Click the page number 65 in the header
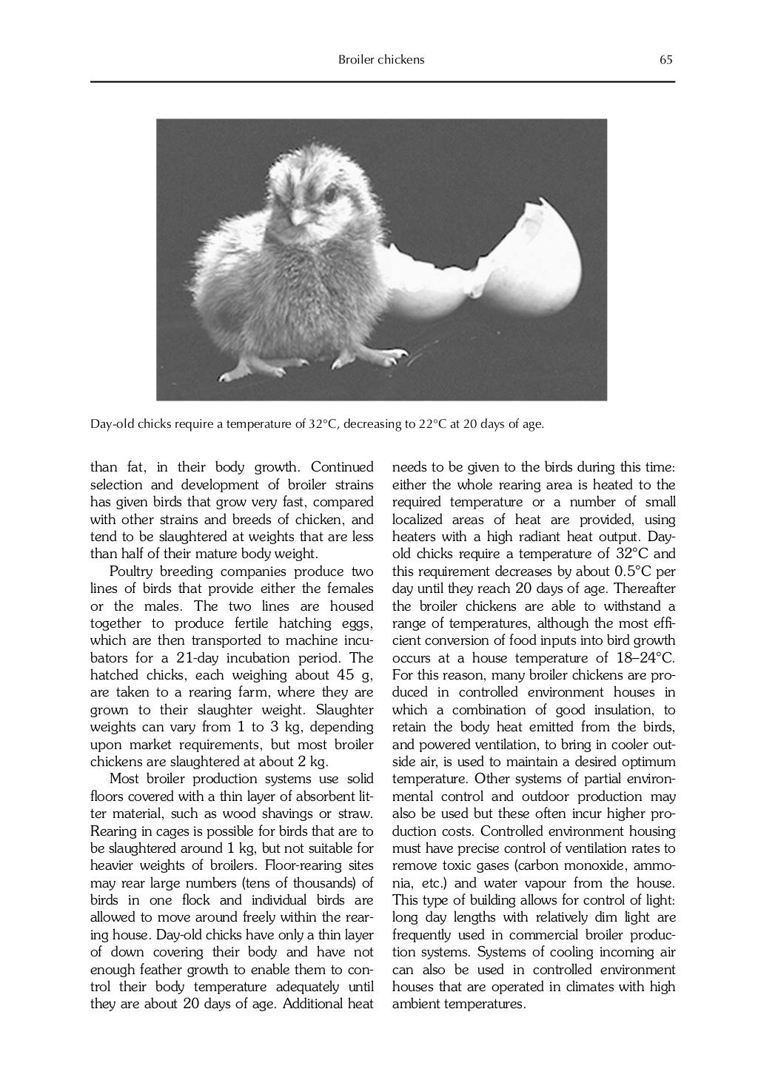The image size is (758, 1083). pyautogui.click(x=666, y=60)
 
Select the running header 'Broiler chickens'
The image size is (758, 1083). pyautogui.click(x=381, y=60)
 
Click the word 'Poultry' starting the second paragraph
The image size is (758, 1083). pyautogui.click(x=133, y=571)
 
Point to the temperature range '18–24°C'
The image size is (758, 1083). pyautogui.click(x=645, y=658)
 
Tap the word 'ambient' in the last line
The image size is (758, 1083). pyautogui.click(x=417, y=1005)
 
